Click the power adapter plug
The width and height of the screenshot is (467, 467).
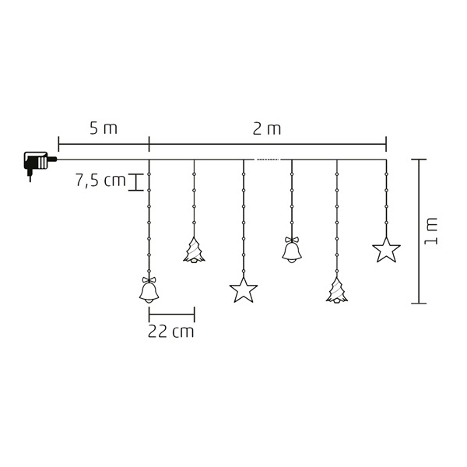(39, 163)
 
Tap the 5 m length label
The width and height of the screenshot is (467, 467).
(104, 128)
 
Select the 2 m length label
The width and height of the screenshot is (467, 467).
(267, 128)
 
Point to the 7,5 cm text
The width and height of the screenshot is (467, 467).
(100, 181)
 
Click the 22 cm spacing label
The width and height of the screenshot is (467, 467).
(171, 332)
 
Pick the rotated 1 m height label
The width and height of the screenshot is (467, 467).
(430, 231)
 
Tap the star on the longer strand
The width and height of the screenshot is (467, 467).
(244, 290)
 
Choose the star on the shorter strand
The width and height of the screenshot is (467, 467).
(386, 250)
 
